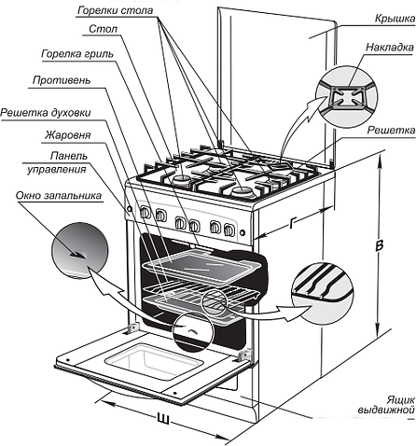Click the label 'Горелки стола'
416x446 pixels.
(116, 10)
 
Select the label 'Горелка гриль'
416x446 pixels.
(77, 54)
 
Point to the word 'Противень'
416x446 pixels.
(62, 80)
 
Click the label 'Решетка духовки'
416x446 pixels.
(46, 112)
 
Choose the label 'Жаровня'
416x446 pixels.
(68, 135)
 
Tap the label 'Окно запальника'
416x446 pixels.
(59, 195)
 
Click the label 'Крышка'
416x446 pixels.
(395, 19)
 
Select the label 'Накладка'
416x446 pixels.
(390, 48)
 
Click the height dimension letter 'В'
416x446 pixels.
(379, 245)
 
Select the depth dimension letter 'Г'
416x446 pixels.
(291, 223)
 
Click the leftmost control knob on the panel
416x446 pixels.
(146, 213)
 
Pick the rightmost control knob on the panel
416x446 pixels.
(229, 230)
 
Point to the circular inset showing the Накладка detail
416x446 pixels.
(347, 96)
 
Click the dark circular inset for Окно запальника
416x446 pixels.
(79, 250)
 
